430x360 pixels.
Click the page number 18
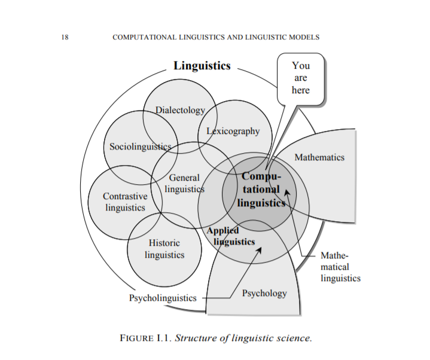tap(65, 37)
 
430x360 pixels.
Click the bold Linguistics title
tap(202, 66)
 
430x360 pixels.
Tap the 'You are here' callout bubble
tap(301, 78)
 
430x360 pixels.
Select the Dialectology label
tap(180, 110)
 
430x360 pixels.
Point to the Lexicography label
tap(233, 131)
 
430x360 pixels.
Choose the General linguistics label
tap(184, 183)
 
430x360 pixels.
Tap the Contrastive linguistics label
tap(125, 202)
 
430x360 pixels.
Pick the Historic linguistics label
tap(164, 249)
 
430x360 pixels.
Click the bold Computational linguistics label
tap(261, 190)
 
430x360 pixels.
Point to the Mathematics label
tap(319, 157)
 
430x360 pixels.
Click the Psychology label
tap(264, 293)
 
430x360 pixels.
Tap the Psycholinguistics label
tap(163, 297)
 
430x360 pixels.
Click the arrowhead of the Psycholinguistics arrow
tap(260, 248)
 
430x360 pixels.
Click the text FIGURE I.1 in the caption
tap(146, 338)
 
